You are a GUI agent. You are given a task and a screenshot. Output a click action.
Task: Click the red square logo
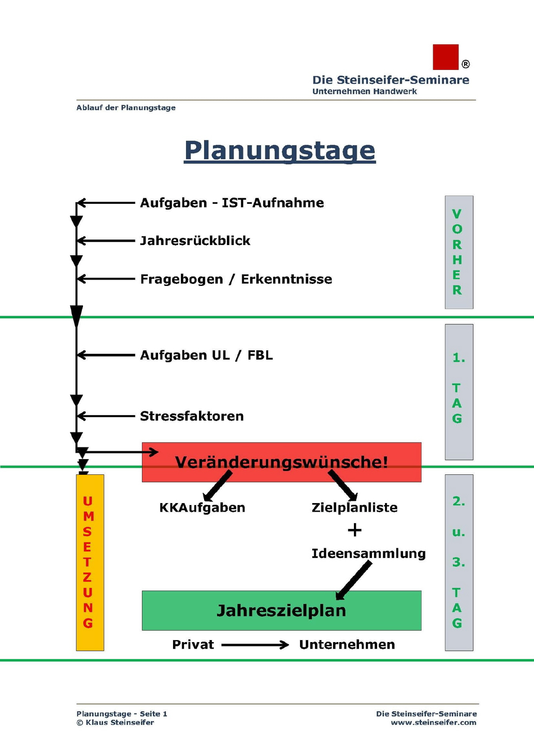tap(445, 57)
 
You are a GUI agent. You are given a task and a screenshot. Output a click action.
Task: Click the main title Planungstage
tap(280, 150)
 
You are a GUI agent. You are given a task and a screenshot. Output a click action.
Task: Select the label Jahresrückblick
tap(195, 240)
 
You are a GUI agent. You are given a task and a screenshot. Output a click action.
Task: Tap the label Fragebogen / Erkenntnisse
tap(236, 279)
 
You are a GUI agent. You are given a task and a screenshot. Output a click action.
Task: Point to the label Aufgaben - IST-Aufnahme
tap(232, 203)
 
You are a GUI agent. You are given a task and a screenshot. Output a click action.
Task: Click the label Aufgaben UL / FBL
tap(206, 355)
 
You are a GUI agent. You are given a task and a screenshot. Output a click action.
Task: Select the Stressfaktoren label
tap(192, 416)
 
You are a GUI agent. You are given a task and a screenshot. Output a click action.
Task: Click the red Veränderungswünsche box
tap(281, 462)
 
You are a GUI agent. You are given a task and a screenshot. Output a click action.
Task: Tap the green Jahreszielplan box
tap(281, 610)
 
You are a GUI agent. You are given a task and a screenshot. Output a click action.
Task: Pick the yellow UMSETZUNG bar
tap(90, 562)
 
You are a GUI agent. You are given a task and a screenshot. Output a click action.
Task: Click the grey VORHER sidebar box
tap(459, 252)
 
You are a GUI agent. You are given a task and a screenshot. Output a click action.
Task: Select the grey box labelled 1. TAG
tap(459, 392)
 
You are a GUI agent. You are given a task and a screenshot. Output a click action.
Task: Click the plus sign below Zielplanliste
tap(354, 530)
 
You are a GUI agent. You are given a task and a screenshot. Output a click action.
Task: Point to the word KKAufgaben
tap(202, 507)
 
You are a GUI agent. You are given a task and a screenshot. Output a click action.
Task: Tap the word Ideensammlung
tap(368, 553)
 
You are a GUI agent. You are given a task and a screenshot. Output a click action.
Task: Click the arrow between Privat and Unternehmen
tap(255, 644)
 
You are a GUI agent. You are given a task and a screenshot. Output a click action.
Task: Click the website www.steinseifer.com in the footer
tap(433, 722)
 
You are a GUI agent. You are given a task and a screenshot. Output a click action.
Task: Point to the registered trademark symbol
tap(465, 64)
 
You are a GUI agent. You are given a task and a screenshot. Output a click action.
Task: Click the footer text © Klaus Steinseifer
tap(115, 722)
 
